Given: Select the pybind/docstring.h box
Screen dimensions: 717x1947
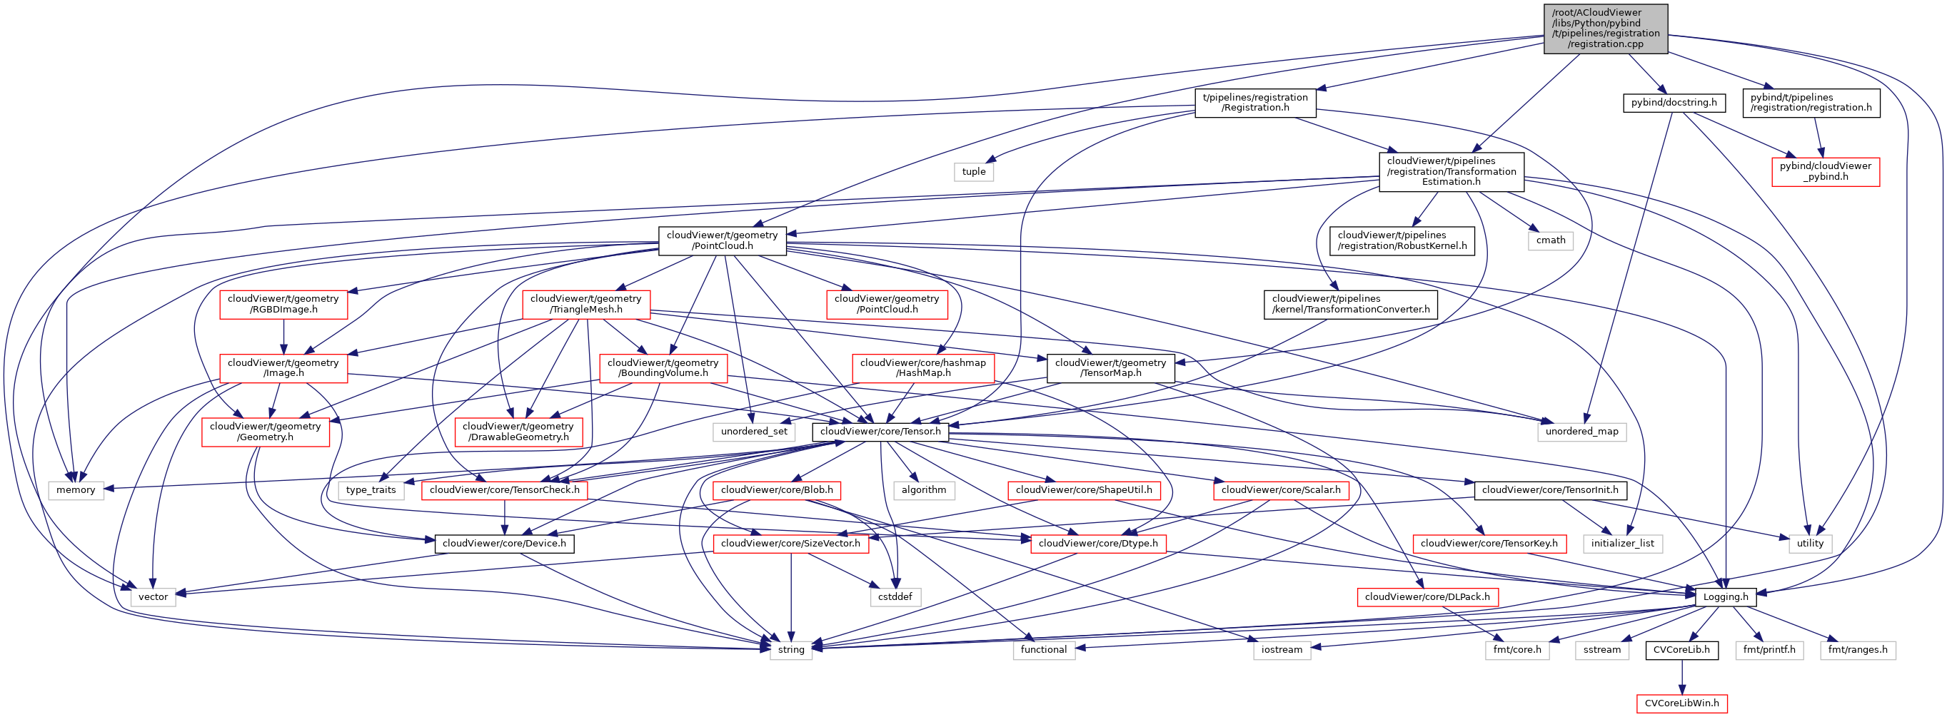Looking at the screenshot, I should point(1674,103).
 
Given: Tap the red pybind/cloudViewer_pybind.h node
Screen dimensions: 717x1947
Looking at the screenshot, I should point(1825,171).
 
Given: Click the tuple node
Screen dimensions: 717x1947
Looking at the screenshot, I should point(974,172).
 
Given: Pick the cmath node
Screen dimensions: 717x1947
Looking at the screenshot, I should point(1550,240).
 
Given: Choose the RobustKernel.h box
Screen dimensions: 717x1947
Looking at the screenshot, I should point(1402,240).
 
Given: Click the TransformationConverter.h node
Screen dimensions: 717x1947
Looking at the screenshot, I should point(1350,304).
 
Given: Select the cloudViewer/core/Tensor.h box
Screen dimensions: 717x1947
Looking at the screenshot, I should point(880,432).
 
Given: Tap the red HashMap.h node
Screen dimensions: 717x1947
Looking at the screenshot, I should point(922,368).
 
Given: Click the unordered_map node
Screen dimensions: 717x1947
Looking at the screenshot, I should point(1581,432).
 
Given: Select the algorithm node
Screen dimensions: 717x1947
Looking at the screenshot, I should point(923,490).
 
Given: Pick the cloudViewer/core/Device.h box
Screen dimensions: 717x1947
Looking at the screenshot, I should point(503,543).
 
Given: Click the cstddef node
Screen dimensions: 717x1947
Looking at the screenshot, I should point(895,597).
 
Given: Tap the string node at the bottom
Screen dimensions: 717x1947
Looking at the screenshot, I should point(790,650).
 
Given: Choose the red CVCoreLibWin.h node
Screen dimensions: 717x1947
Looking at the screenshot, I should point(1681,703).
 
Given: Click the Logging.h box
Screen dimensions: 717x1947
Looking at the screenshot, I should point(1725,597).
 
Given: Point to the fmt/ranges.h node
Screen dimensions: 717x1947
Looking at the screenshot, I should point(1857,650).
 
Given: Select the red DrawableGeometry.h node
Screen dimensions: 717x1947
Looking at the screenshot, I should point(518,432).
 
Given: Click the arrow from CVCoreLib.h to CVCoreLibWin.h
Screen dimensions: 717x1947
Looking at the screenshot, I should point(1681,676).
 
